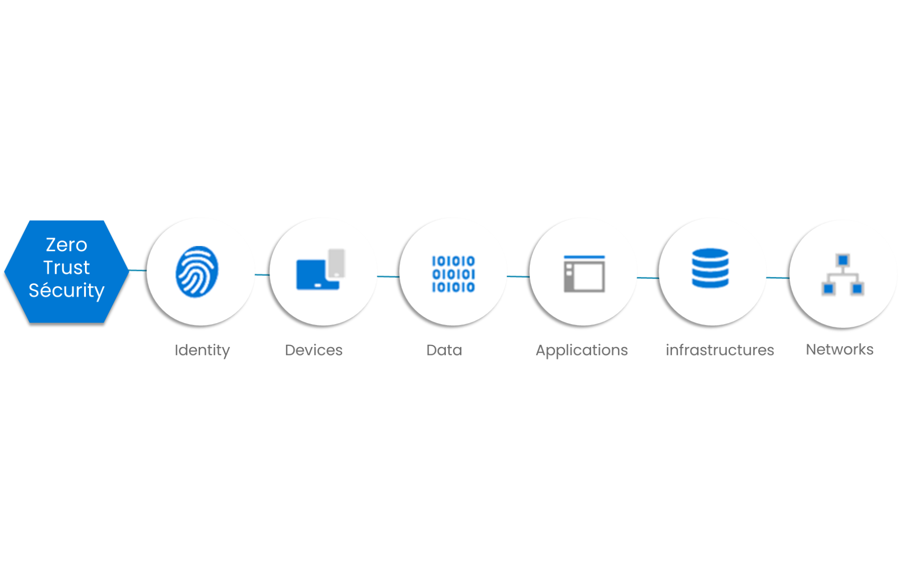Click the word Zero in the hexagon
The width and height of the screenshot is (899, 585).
[x=67, y=245]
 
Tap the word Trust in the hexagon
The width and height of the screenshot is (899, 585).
[x=67, y=267]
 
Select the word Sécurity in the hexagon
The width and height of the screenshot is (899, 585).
[x=67, y=290]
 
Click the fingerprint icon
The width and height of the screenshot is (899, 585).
[x=197, y=271]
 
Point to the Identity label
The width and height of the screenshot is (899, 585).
[x=202, y=350]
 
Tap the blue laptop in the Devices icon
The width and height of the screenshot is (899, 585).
[x=316, y=275]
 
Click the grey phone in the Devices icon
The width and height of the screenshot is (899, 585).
[x=336, y=263]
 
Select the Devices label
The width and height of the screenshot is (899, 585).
[x=314, y=350]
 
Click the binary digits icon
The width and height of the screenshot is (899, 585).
[x=453, y=274]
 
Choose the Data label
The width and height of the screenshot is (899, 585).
[x=444, y=350]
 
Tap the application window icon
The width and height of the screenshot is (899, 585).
[x=584, y=274]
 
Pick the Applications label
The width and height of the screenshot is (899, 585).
[x=582, y=350]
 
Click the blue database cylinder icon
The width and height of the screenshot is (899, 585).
[x=710, y=268]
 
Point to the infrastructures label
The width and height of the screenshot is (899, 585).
[x=720, y=350]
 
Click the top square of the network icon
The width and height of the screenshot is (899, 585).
[x=843, y=260]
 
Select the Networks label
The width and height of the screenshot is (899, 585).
[x=840, y=349]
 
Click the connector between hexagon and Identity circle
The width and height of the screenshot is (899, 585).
[x=138, y=270]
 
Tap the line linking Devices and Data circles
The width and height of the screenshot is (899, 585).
[x=388, y=276]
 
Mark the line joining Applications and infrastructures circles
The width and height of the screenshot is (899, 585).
[x=648, y=278]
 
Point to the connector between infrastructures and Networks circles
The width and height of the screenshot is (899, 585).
[x=778, y=278]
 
